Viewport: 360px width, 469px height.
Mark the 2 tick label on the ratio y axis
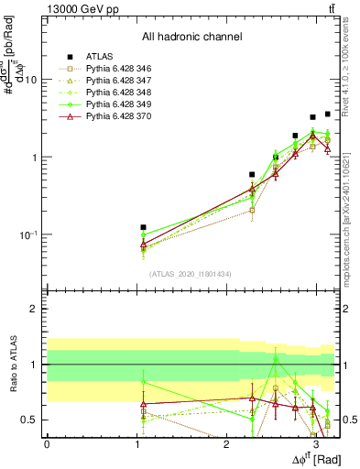tap(35, 309)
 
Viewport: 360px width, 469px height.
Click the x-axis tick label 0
tap(47, 444)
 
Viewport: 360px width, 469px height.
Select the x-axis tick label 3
tap(315, 444)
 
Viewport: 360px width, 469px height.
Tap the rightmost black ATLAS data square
tap(328, 114)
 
